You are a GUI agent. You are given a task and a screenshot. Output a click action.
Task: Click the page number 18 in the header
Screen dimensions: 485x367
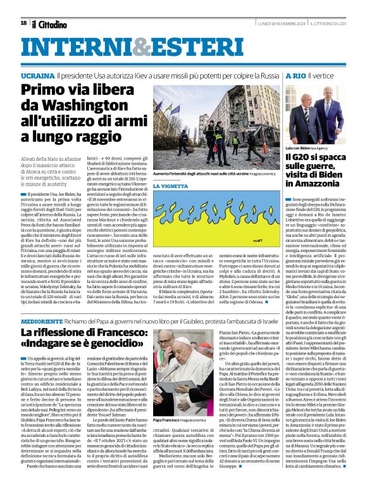point(23,23)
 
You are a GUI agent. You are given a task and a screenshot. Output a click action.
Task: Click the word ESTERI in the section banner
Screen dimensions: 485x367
point(172,47)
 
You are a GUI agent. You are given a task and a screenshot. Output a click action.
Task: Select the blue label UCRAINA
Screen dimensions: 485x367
point(37,75)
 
